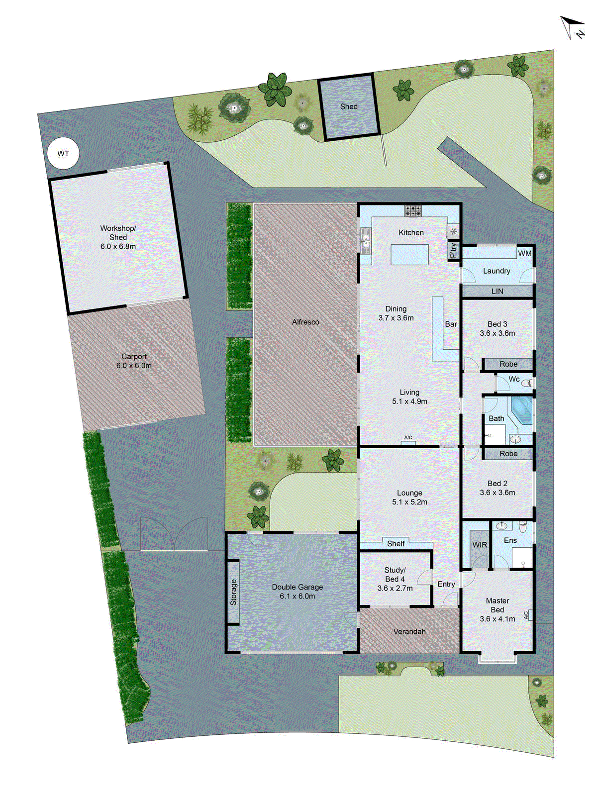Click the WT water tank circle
click(x=63, y=154)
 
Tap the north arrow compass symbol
click(x=573, y=27)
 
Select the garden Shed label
click(x=349, y=106)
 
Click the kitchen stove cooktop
click(x=413, y=211)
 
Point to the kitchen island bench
click(x=409, y=254)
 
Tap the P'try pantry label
click(x=453, y=250)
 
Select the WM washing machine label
click(x=525, y=253)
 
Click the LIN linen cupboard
click(x=497, y=291)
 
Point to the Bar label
click(x=451, y=324)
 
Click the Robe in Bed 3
click(x=508, y=364)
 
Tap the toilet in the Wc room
click(x=529, y=383)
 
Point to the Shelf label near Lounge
click(x=396, y=544)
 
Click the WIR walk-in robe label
click(x=480, y=545)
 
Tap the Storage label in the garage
click(x=233, y=592)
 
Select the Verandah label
click(x=409, y=632)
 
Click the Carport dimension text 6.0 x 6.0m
click(x=134, y=366)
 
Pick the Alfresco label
click(x=305, y=322)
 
